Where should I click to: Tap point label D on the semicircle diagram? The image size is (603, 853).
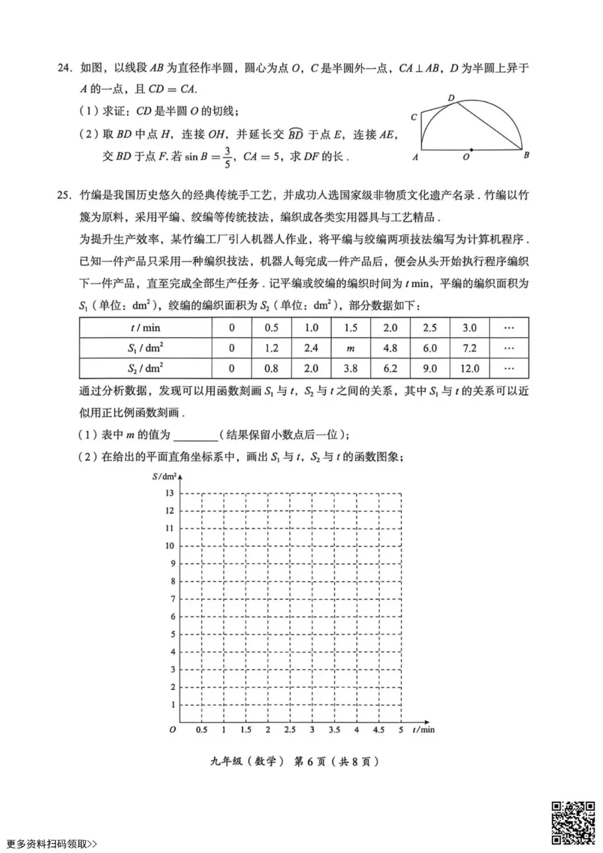click(451, 98)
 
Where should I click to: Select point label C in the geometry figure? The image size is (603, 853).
click(414, 117)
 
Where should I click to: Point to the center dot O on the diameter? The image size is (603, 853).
click(472, 150)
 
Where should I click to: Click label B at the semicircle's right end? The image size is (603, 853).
click(526, 156)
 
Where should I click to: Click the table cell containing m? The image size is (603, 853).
click(351, 348)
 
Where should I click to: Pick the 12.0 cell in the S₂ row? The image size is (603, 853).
click(469, 368)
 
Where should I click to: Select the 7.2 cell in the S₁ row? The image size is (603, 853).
click(469, 348)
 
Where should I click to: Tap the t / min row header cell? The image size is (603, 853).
click(145, 328)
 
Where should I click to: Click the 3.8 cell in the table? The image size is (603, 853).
click(351, 368)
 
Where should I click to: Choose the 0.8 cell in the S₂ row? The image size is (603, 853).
click(271, 368)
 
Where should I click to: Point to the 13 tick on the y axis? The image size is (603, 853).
click(170, 493)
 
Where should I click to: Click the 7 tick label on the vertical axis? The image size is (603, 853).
click(173, 599)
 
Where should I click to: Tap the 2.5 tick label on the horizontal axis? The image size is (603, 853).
click(290, 730)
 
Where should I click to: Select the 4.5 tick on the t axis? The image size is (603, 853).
click(379, 730)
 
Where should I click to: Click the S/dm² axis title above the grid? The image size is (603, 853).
click(164, 476)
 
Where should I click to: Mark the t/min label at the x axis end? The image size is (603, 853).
click(423, 730)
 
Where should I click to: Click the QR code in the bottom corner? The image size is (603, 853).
click(573, 822)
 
